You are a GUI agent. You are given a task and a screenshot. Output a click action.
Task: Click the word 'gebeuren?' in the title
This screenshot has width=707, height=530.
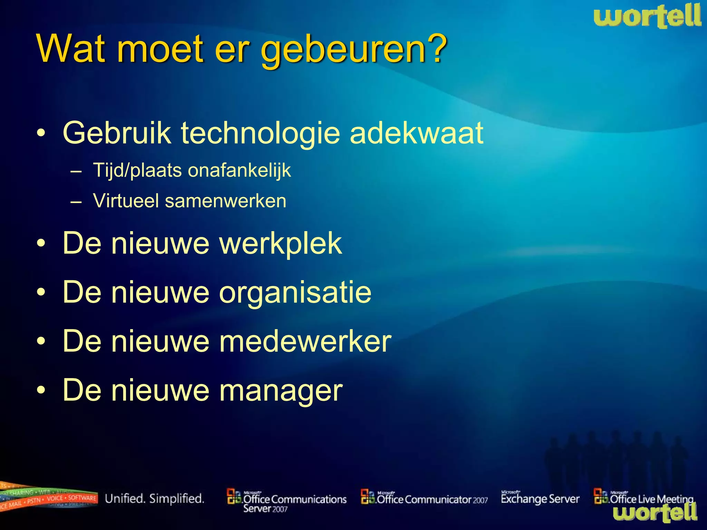354,50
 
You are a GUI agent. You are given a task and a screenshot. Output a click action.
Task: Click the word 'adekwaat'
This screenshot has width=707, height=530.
416,133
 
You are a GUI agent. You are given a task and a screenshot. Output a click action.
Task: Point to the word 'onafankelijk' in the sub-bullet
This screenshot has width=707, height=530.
239,170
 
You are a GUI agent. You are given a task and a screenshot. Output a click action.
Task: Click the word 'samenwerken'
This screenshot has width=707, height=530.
225,201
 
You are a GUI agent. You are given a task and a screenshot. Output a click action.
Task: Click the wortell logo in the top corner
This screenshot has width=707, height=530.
647,17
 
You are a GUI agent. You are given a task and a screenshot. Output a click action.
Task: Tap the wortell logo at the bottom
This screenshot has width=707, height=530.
655,513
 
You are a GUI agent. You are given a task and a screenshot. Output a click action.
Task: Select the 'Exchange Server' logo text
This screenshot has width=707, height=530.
540,499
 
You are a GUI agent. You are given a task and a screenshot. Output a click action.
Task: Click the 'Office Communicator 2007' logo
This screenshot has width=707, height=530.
424,499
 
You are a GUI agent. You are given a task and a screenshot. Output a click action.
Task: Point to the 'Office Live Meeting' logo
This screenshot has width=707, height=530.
643,498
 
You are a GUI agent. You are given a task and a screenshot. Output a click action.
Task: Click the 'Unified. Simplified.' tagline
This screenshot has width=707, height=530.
155,499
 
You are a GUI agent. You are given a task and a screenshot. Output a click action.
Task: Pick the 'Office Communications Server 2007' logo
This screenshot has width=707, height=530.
287,501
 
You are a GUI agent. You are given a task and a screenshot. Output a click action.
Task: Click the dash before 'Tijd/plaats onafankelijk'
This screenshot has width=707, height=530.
76,171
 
